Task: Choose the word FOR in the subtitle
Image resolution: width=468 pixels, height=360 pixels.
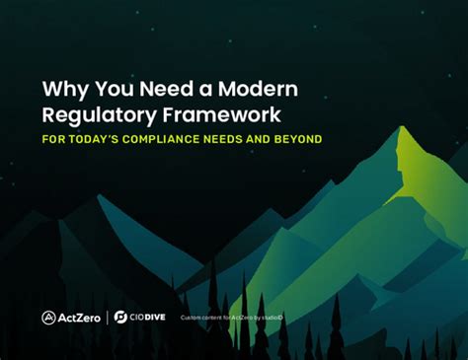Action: [x=53, y=138]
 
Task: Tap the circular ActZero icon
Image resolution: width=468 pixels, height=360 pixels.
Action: [x=49, y=318]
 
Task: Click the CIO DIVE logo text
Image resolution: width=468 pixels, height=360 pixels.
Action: [x=144, y=318]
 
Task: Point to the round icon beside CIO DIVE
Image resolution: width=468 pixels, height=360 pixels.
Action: [x=120, y=318]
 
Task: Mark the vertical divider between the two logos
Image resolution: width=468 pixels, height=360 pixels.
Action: [x=107, y=318]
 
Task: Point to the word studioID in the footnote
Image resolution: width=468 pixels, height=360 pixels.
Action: [x=273, y=318]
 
